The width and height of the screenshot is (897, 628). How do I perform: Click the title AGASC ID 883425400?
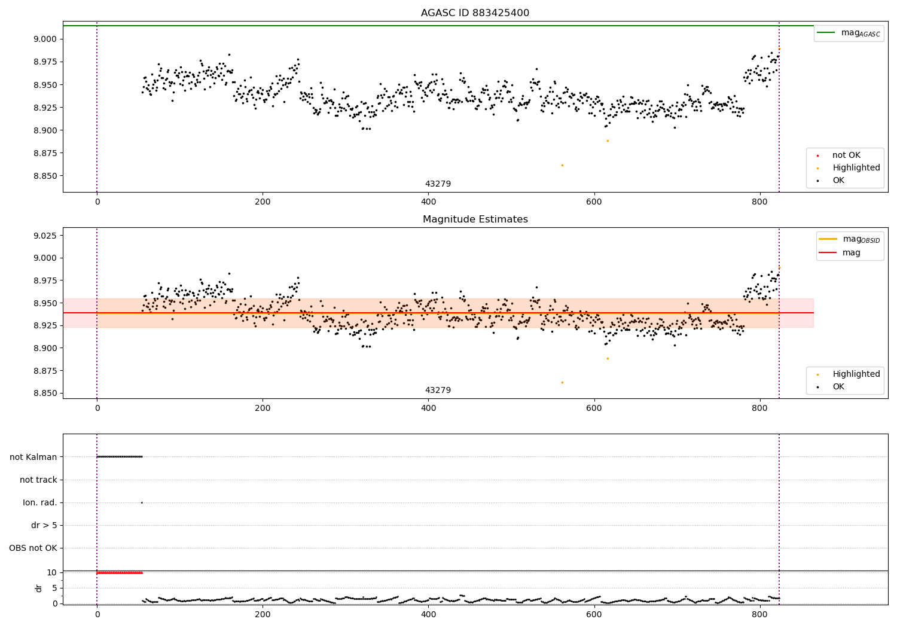click(x=475, y=13)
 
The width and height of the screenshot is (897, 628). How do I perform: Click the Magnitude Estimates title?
click(x=475, y=220)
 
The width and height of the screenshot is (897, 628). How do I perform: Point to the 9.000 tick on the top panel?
click(x=45, y=39)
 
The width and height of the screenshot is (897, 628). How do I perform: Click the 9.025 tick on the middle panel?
click(x=45, y=236)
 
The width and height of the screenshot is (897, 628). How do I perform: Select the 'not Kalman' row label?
click(x=33, y=457)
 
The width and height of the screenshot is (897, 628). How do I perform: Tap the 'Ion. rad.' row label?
click(x=40, y=503)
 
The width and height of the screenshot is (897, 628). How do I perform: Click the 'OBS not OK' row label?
click(x=33, y=548)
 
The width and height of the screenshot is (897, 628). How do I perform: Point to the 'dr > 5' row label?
click(x=44, y=526)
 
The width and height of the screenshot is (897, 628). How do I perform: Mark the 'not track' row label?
click(x=38, y=480)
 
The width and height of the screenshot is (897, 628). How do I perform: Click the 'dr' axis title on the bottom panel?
click(x=39, y=588)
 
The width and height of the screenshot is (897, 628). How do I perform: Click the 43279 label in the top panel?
click(x=438, y=184)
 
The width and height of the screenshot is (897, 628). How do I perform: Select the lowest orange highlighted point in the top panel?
click(x=562, y=165)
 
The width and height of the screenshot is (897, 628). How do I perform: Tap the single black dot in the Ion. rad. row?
click(x=142, y=502)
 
